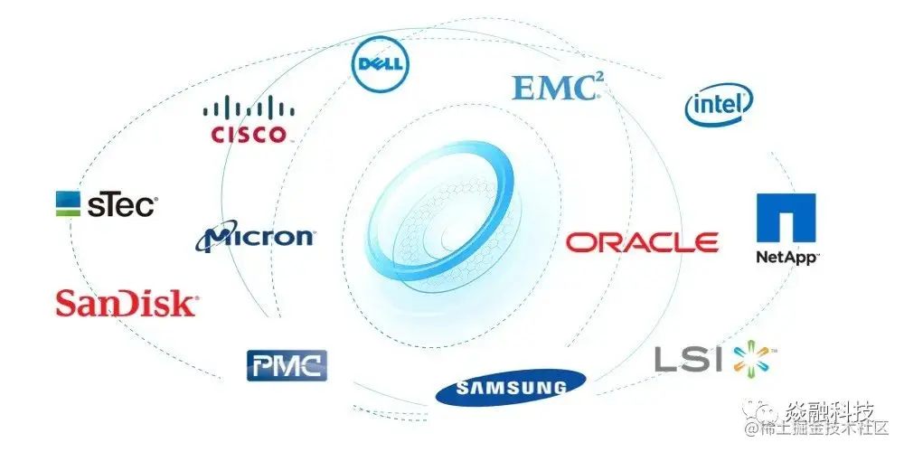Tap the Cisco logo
[248, 122]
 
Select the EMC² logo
[557, 88]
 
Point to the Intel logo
[719, 107]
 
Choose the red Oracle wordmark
[643, 242]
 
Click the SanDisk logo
[127, 303]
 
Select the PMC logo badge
[287, 364]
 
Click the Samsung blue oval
[510, 388]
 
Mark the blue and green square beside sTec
[69, 204]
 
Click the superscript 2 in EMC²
[598, 80]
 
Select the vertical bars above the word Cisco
[248, 110]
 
